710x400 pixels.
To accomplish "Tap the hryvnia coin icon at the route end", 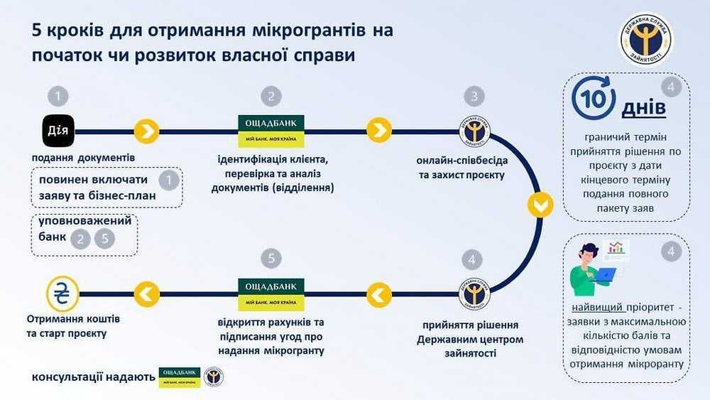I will click(62, 291).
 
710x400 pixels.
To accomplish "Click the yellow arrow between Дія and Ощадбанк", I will click(146, 131).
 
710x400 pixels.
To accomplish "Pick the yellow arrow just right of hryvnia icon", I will click(146, 291).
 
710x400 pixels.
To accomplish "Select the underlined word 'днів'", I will click(643, 109).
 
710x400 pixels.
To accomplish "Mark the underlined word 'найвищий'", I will click(598, 308).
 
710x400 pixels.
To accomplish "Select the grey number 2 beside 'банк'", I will click(81, 239).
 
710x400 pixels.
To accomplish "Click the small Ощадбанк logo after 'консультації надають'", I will click(179, 376).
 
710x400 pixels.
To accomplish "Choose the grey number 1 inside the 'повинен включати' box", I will click(168, 181).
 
